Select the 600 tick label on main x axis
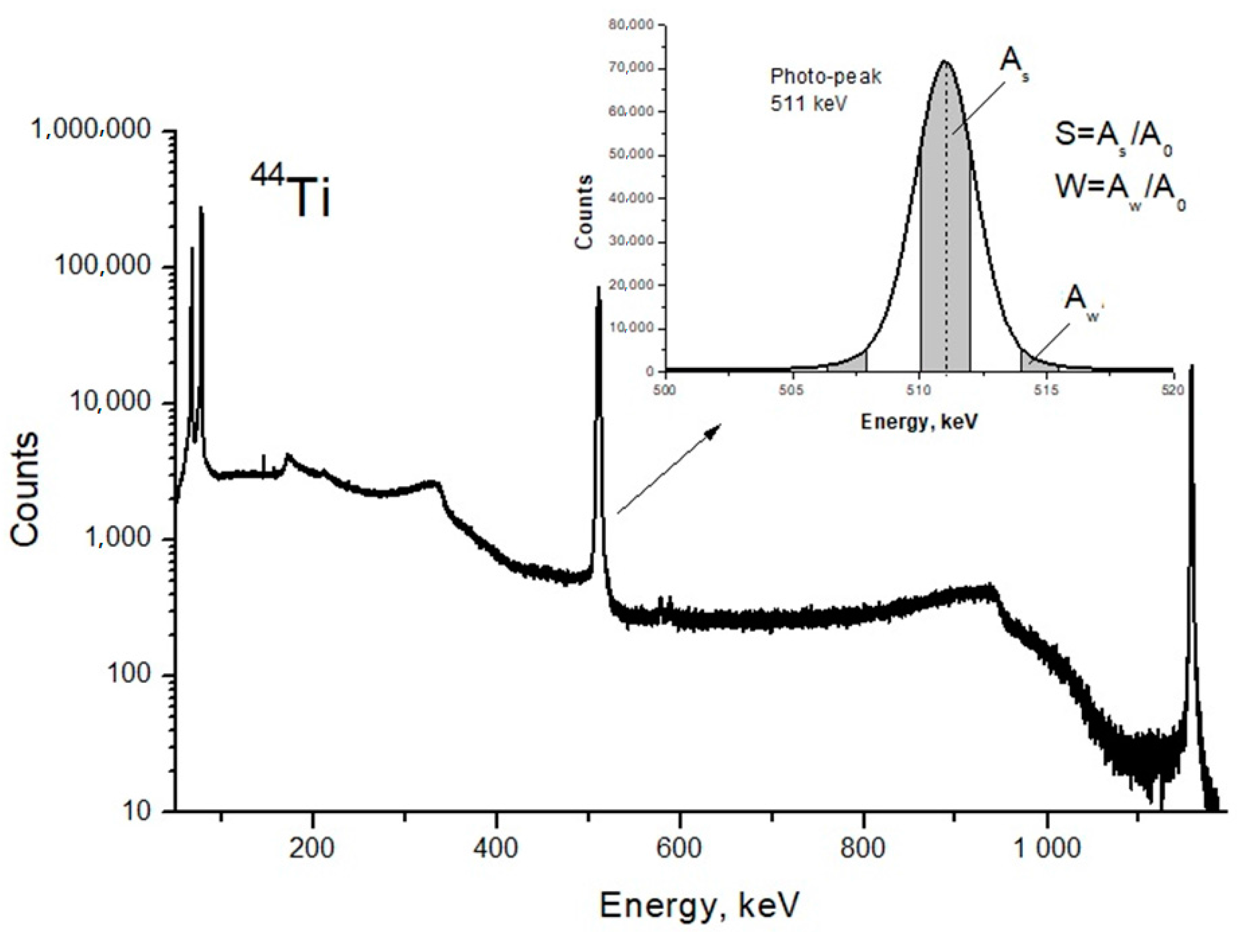[679, 849]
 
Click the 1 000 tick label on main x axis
[1046, 849]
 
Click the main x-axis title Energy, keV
[699, 905]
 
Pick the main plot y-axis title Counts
[25, 489]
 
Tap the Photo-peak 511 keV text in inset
[825, 89]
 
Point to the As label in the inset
[1013, 66]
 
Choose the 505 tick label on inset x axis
[791, 390]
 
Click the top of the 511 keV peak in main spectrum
[598, 288]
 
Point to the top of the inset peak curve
[945, 62]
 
